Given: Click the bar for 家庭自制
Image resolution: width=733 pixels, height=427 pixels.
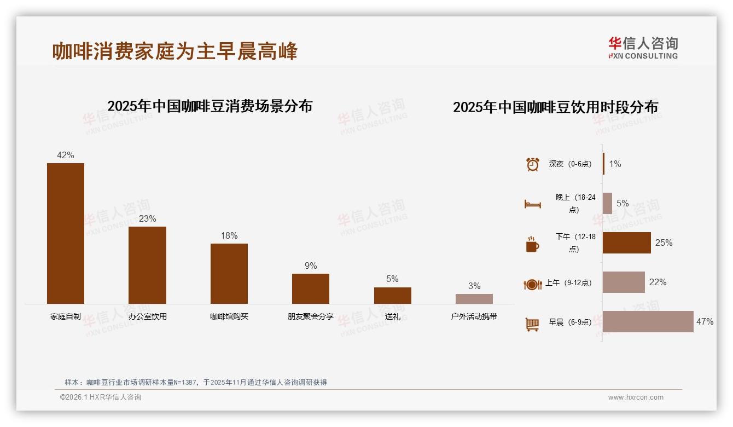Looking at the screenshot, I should click(x=66, y=233).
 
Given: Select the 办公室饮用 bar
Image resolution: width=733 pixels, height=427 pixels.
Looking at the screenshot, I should click(x=147, y=265).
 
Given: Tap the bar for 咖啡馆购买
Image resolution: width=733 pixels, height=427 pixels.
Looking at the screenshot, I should click(x=229, y=273).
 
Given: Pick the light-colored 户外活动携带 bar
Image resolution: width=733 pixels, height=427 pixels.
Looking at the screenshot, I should click(x=474, y=299).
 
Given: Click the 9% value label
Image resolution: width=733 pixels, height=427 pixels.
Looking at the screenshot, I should click(x=311, y=266).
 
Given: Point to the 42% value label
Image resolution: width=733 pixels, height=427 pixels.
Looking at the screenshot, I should click(x=66, y=155).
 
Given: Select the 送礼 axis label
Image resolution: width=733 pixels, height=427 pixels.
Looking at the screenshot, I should click(x=392, y=316).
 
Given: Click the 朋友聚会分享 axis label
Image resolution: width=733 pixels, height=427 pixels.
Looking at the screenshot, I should click(x=311, y=316).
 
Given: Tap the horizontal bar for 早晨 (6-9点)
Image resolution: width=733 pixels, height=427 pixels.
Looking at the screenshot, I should click(x=648, y=322).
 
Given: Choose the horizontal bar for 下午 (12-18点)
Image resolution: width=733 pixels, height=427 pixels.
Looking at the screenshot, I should click(x=627, y=243).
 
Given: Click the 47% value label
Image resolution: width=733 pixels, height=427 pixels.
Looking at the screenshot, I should click(x=705, y=322).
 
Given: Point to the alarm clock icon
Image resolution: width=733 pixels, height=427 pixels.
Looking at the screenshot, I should click(x=533, y=164).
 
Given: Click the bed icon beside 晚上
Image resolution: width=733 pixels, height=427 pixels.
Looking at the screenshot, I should click(x=533, y=204).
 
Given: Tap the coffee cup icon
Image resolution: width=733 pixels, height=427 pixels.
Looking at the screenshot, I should click(x=532, y=244).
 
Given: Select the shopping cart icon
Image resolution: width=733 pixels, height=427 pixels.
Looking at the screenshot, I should click(x=532, y=324).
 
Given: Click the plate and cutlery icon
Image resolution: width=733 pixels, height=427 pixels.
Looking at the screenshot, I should click(x=532, y=284).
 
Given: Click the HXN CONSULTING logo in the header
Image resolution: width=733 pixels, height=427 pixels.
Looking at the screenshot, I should click(x=643, y=48).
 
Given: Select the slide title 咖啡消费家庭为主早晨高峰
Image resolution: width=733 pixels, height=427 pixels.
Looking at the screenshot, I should click(x=175, y=51).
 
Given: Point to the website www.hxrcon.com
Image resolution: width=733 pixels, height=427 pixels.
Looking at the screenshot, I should click(x=636, y=397).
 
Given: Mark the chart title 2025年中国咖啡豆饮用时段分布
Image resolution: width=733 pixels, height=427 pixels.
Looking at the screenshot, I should click(x=555, y=107).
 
